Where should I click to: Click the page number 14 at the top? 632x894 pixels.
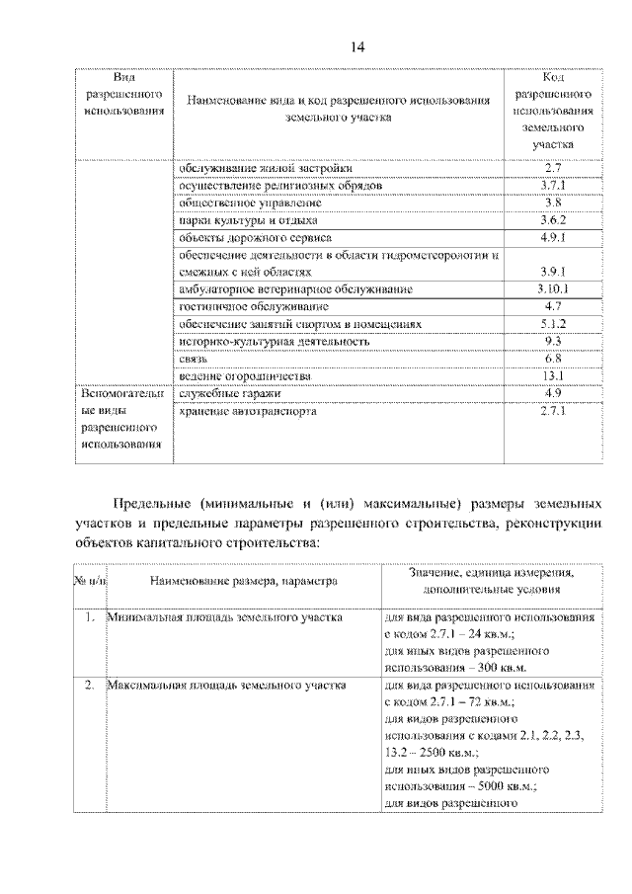356,47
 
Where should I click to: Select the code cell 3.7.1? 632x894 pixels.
553,185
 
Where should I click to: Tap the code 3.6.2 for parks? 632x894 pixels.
553,220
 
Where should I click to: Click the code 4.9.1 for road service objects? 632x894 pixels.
553,238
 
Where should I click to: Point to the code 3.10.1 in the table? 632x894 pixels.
553,289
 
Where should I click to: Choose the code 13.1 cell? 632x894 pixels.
553,376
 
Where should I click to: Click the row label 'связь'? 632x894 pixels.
193,359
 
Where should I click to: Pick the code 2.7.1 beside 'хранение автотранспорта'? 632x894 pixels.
553,412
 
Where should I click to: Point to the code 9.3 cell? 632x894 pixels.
553,341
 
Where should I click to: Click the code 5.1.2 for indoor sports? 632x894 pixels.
553,324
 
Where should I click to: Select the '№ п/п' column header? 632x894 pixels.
89,582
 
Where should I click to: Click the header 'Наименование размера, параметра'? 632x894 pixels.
243,582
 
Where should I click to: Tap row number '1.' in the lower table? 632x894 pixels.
89,617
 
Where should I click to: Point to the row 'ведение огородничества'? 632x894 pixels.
245,376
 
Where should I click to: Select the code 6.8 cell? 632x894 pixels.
553,359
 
